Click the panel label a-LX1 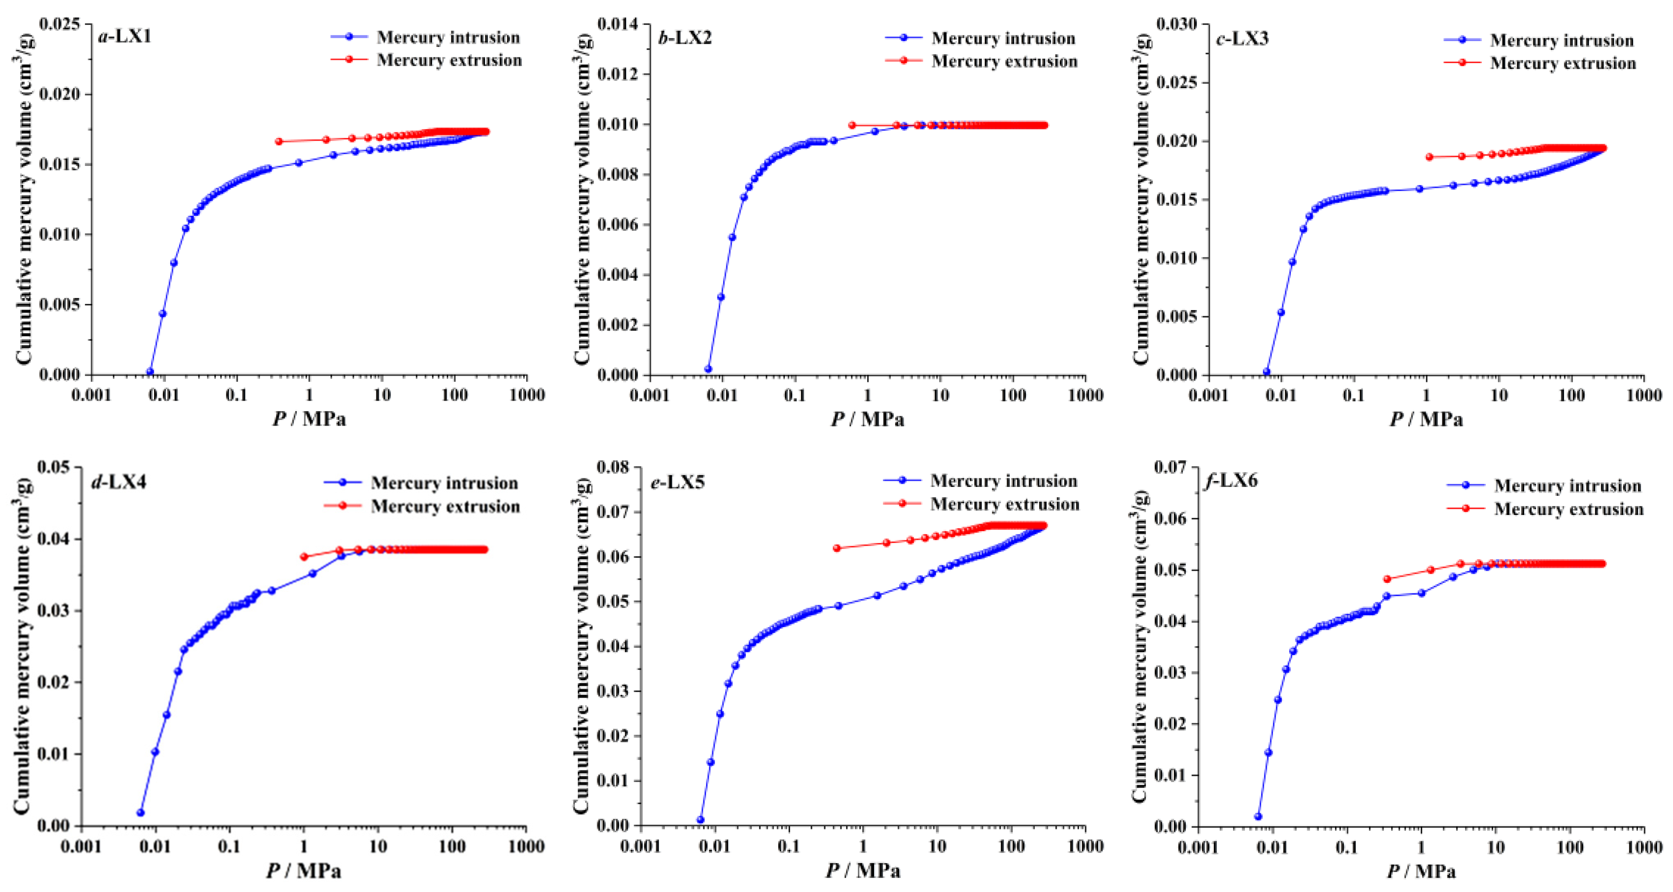tap(125, 36)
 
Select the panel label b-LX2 tap(685, 38)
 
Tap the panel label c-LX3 tap(1242, 39)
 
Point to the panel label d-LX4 tap(119, 481)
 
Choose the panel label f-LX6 tap(1231, 480)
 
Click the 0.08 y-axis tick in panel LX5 tap(613, 466)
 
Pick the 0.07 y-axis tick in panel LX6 tap(1170, 466)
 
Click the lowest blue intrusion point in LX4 tap(140, 813)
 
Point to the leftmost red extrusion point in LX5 tap(836, 548)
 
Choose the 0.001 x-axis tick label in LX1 tap(91, 395)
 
